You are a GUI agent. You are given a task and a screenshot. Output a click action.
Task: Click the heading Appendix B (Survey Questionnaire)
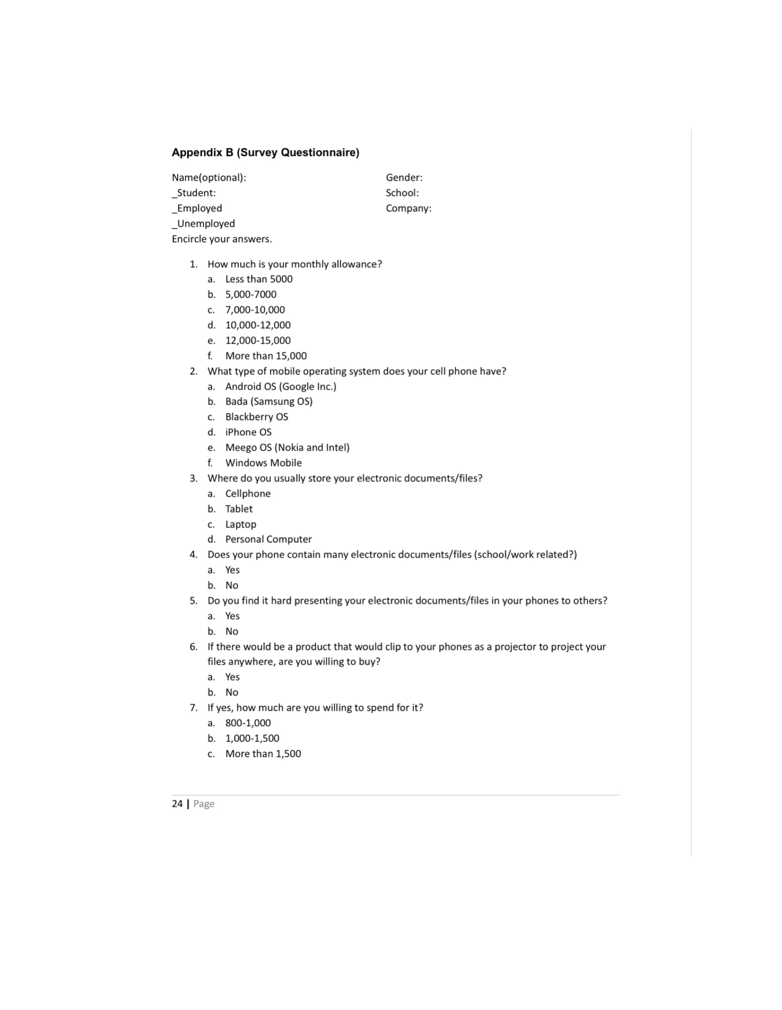265,152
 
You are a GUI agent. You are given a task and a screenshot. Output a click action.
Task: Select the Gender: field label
404,178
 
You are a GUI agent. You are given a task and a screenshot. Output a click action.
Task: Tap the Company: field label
408,208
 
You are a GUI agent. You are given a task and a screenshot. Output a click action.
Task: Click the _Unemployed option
203,224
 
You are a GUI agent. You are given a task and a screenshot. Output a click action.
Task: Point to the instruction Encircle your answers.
222,239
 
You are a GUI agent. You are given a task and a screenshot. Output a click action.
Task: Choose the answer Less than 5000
259,279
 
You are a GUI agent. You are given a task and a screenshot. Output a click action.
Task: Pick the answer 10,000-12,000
258,325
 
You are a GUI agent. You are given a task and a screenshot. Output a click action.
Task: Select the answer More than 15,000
266,356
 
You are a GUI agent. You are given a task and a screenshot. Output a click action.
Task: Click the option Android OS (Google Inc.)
281,386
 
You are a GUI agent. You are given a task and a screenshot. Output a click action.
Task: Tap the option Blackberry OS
256,417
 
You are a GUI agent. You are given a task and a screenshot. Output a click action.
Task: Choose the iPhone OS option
248,432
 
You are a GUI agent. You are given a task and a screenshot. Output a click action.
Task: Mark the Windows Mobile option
263,463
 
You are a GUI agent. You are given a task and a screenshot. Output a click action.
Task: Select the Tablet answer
239,509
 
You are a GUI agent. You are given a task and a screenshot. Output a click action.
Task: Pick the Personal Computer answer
268,539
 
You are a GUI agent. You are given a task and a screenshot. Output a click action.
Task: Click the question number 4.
193,555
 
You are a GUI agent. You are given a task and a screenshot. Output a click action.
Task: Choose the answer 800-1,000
248,723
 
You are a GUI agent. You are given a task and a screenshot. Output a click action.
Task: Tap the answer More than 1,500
263,754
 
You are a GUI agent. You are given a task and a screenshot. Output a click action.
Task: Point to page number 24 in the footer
177,804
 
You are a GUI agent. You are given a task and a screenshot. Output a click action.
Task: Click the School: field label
402,193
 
